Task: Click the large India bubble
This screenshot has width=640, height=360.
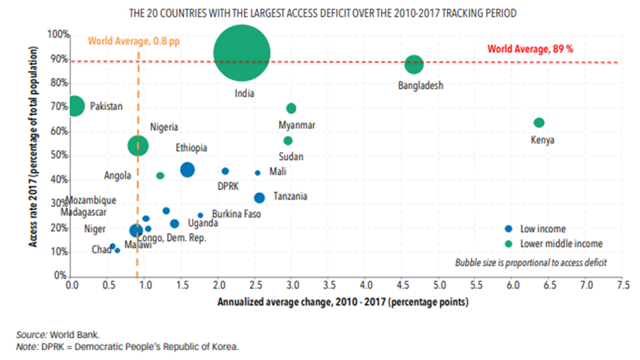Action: [x=242, y=53]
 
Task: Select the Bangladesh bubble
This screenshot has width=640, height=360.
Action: [x=414, y=64]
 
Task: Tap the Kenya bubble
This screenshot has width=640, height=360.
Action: [x=538, y=123]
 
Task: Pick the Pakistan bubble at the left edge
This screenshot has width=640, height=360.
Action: [x=74, y=106]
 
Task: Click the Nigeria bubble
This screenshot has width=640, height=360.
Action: [x=138, y=145]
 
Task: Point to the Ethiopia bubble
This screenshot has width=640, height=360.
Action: [x=187, y=169]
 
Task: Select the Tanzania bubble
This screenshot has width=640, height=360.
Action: [x=259, y=197]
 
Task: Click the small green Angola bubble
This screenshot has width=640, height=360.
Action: [x=160, y=175]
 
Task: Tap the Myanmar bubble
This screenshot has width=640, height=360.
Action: [x=291, y=108]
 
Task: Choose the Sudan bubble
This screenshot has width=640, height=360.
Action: [x=288, y=140]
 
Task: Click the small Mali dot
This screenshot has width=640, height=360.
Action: [x=257, y=173]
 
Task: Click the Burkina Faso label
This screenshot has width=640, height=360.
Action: [x=236, y=214]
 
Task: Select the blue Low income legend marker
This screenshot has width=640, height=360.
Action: [x=509, y=229]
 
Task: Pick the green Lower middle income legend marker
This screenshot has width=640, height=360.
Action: [x=509, y=244]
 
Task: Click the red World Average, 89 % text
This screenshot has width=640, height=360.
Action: [x=530, y=49]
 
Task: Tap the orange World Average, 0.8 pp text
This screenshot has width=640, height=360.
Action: [x=133, y=41]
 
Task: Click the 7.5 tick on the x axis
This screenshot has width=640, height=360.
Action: [x=622, y=285]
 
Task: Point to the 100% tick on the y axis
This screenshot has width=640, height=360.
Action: [x=58, y=34]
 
